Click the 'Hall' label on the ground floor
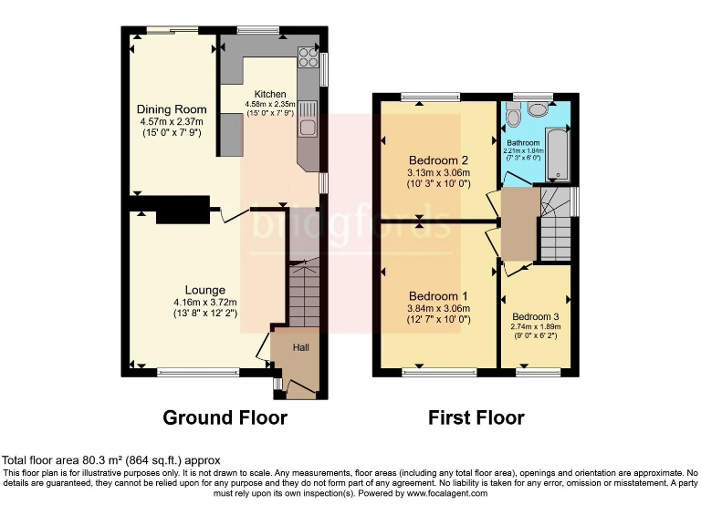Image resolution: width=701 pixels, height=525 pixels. pyautogui.click(x=301, y=347)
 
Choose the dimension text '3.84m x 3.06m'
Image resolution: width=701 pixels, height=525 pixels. pyautogui.click(x=438, y=308)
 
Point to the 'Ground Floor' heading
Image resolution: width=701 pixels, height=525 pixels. pyautogui.click(x=225, y=417)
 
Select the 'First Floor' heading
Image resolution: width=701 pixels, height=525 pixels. pyautogui.click(x=476, y=417)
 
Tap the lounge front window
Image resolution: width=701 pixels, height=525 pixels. pyautogui.click(x=194, y=372)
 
